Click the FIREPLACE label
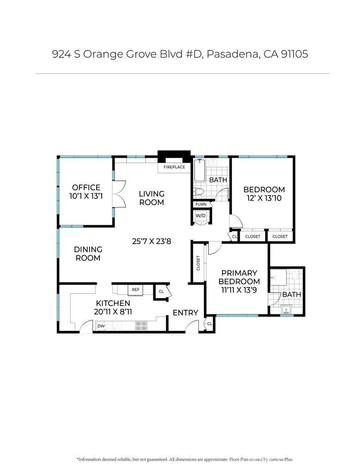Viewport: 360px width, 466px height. point(174,167)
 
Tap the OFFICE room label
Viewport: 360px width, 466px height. point(86,188)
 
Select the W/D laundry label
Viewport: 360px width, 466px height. point(201,216)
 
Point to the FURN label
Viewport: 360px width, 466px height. point(201,204)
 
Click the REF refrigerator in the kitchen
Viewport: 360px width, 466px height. point(135,290)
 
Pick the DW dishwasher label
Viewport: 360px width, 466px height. point(101,326)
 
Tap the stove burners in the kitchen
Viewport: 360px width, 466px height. point(141,325)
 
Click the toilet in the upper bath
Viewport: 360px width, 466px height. point(198,192)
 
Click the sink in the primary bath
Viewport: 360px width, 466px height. point(287,309)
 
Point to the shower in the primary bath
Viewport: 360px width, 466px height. point(278,277)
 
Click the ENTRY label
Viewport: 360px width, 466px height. point(185,313)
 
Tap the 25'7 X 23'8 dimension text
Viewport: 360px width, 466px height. point(152,241)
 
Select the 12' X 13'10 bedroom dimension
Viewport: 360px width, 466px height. point(264,198)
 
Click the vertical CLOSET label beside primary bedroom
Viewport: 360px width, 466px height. point(198,263)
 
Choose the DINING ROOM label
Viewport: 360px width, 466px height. point(88,254)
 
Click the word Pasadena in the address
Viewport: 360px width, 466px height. point(232,54)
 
